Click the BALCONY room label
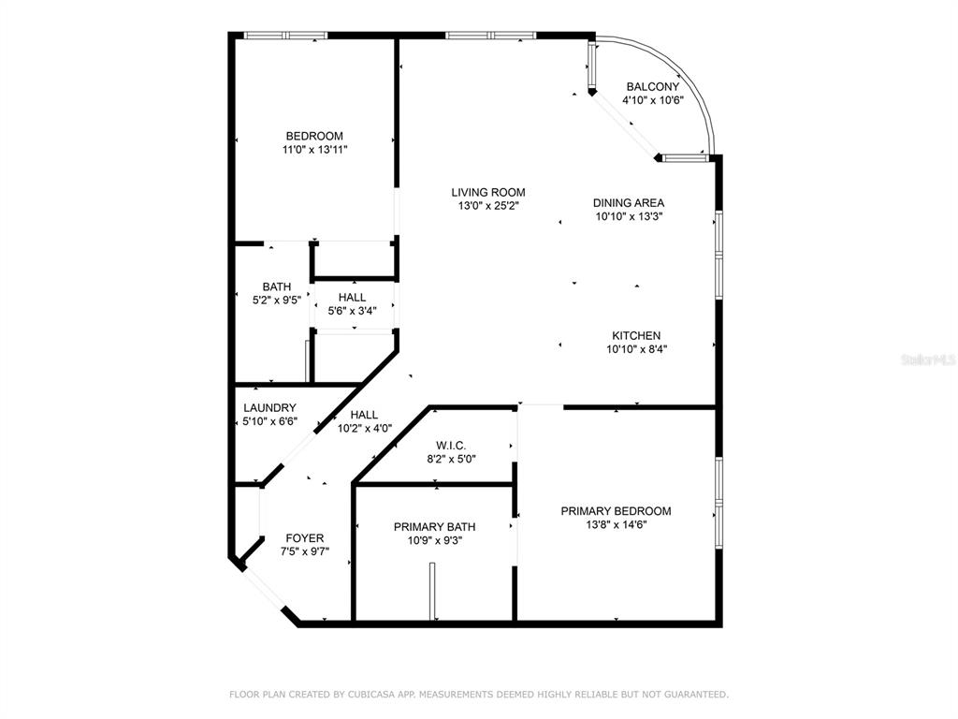(x=652, y=87)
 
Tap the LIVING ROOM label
(x=488, y=192)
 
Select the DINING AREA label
(x=629, y=202)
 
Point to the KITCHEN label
(x=636, y=336)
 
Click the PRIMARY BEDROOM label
(x=616, y=511)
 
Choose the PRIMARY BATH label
(x=434, y=527)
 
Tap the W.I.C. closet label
(x=451, y=446)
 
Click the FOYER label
(x=305, y=538)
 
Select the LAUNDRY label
(x=269, y=408)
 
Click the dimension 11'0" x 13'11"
(x=314, y=149)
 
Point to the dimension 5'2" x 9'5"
(x=277, y=301)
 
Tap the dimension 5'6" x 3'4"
(x=352, y=311)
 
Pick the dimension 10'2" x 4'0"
(x=365, y=429)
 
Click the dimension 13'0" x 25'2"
(x=488, y=206)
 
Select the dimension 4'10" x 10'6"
(x=652, y=100)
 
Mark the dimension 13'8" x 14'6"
(x=616, y=524)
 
